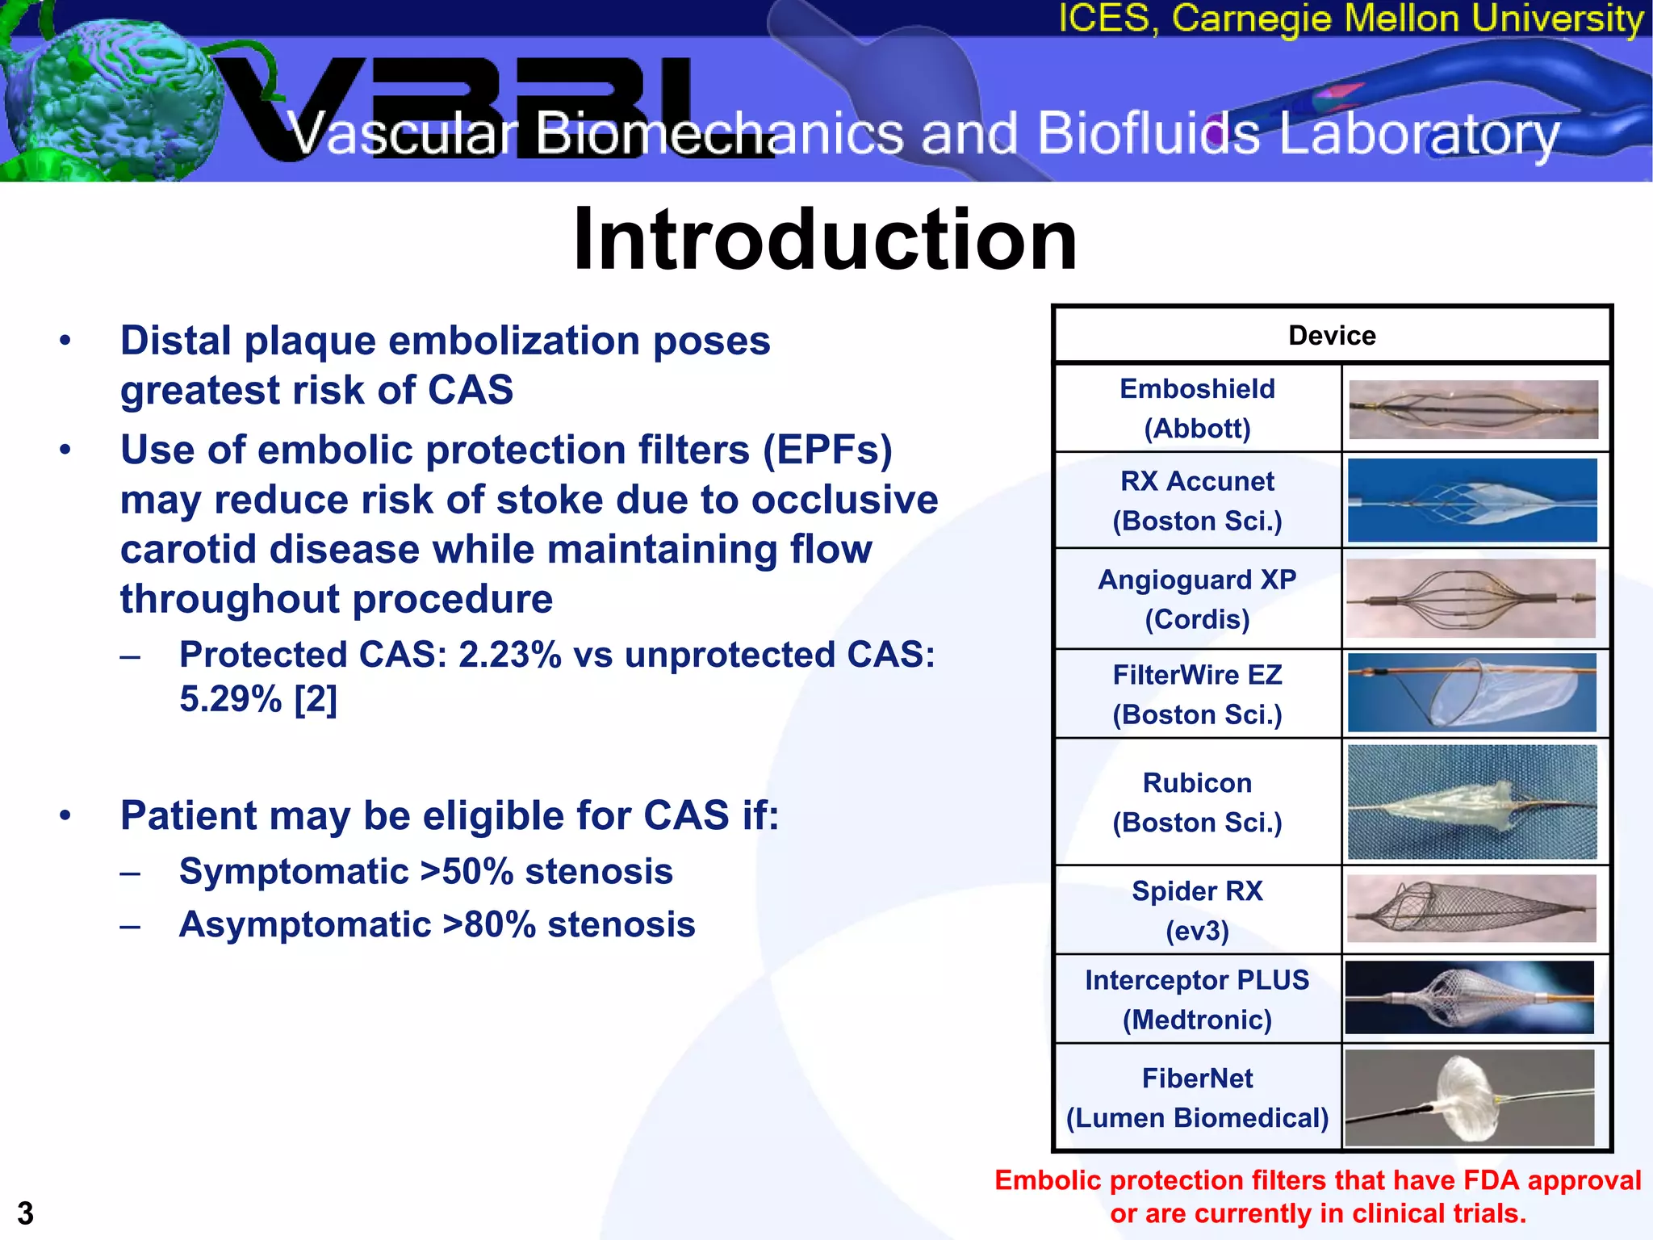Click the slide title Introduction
click(x=825, y=240)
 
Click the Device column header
click(x=1331, y=335)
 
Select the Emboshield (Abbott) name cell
click(x=1197, y=408)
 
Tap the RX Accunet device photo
click(x=1472, y=500)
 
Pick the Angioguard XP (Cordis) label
click(x=1197, y=599)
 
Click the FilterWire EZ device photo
click(x=1472, y=693)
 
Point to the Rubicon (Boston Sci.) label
click(x=1197, y=802)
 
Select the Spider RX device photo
click(x=1472, y=909)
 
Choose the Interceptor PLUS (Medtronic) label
click(x=1197, y=999)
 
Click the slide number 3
click(x=26, y=1213)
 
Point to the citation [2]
click(x=315, y=699)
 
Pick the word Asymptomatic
click(x=305, y=925)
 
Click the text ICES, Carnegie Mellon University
click(x=1350, y=19)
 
